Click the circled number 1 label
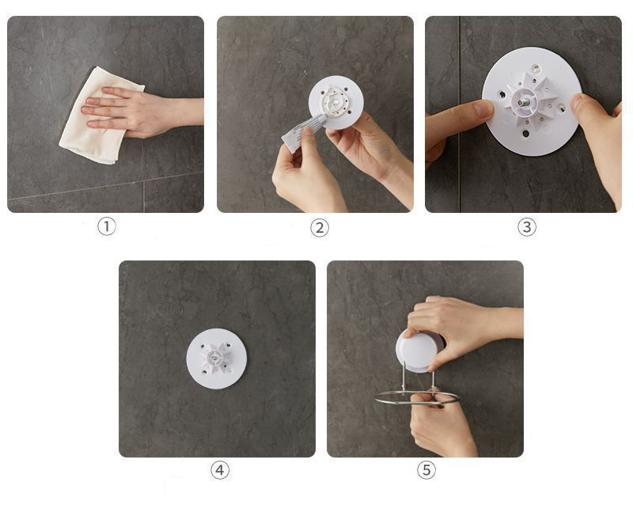coord(107,226)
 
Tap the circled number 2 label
coord(320,228)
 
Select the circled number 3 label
coord(527,227)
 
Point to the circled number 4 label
coord(220,470)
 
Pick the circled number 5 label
coord(426,470)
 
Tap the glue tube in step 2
coord(303,131)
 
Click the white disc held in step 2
coord(336,103)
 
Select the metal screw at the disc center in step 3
coord(523,102)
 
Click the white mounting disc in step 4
coord(216,359)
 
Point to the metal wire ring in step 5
coord(418,397)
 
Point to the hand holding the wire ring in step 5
coord(442,424)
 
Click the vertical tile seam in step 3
coord(460,114)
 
